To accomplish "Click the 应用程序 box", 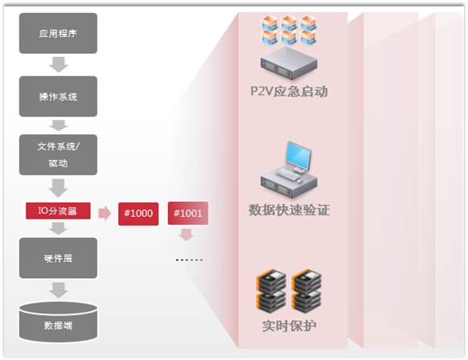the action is point(58,33).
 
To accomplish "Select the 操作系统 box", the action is point(58,96).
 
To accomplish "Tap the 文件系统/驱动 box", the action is point(58,154).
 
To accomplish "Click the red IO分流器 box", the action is point(58,211).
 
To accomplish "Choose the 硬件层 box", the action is point(58,258).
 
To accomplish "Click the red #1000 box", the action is point(138,214).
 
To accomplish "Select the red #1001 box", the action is point(188,213).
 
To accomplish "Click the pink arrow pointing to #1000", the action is point(105,213).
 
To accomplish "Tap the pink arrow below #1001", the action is point(187,235).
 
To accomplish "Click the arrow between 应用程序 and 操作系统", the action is point(59,64).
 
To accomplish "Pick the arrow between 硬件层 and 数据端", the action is point(59,290).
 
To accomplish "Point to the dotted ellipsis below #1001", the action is point(190,260).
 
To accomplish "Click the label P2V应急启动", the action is point(289,92).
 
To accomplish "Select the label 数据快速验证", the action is point(289,210).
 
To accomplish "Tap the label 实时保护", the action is point(289,325).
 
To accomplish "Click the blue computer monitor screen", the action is point(298,155).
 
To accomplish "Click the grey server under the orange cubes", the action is point(289,63).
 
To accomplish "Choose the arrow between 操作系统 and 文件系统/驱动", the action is point(59,125).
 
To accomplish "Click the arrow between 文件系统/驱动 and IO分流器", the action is point(59,188).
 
